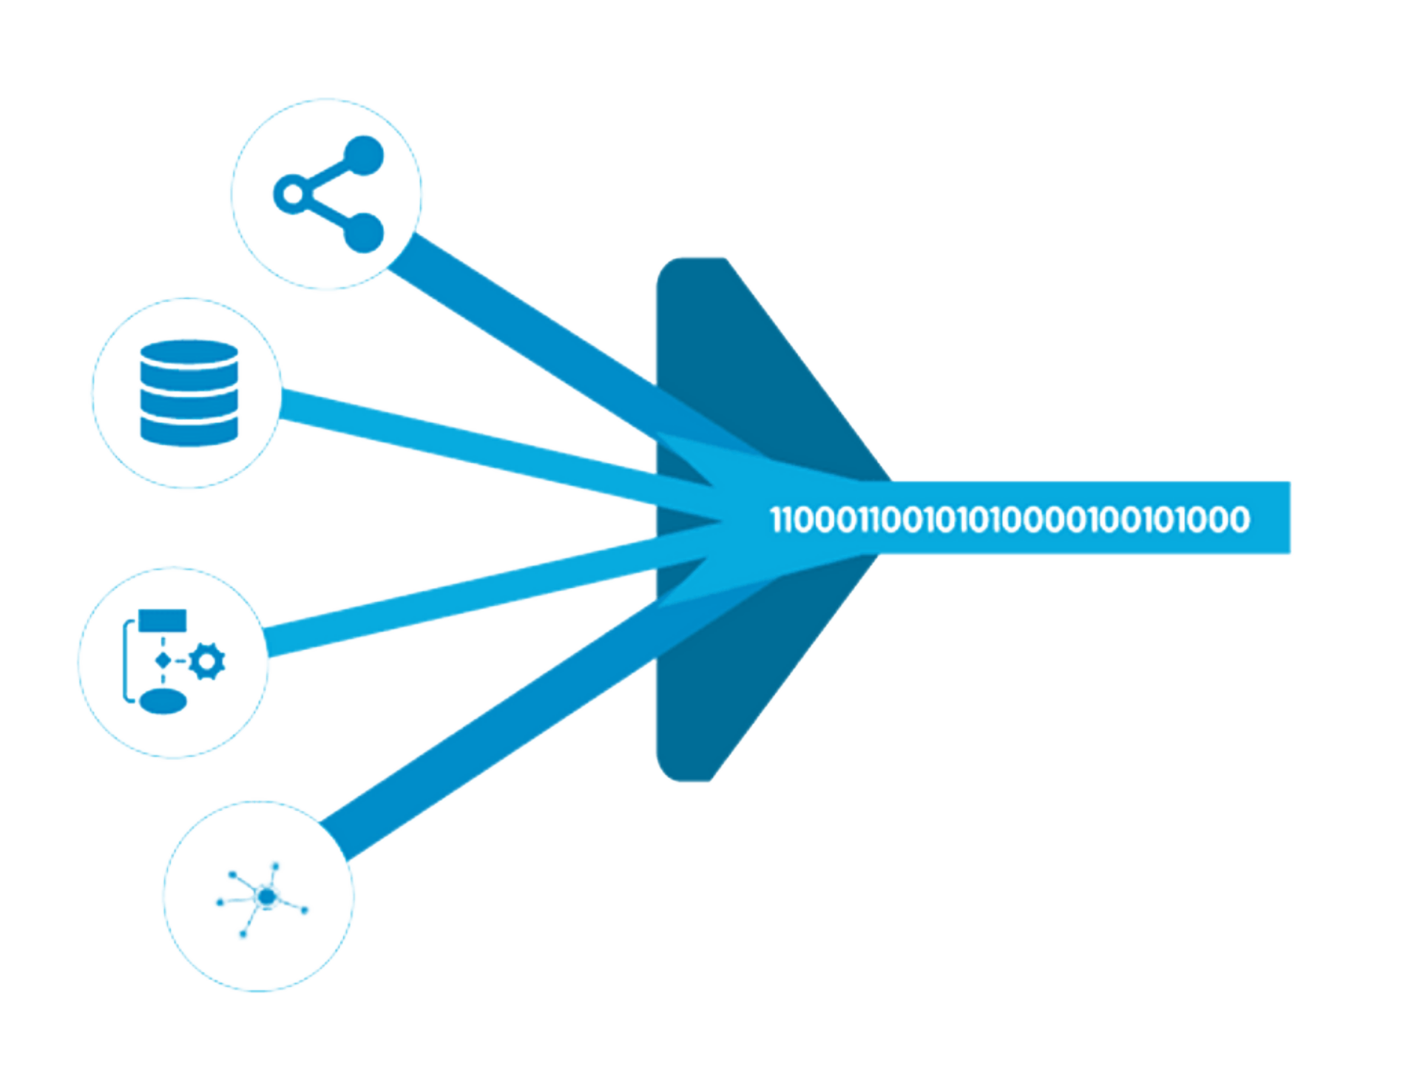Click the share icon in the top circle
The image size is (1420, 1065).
328,194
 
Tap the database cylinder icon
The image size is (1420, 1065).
189,393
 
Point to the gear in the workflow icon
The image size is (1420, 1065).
207,661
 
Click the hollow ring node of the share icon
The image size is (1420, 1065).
293,195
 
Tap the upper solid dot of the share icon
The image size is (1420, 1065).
364,155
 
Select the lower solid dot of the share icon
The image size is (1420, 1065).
364,233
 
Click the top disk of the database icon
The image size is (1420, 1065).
189,353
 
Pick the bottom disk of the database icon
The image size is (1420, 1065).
189,432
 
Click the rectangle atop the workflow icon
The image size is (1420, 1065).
162,620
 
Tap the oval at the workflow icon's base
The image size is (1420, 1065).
163,701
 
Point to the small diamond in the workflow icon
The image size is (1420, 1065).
163,660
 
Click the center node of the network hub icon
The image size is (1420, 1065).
266,897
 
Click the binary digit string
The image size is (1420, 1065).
1010,519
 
